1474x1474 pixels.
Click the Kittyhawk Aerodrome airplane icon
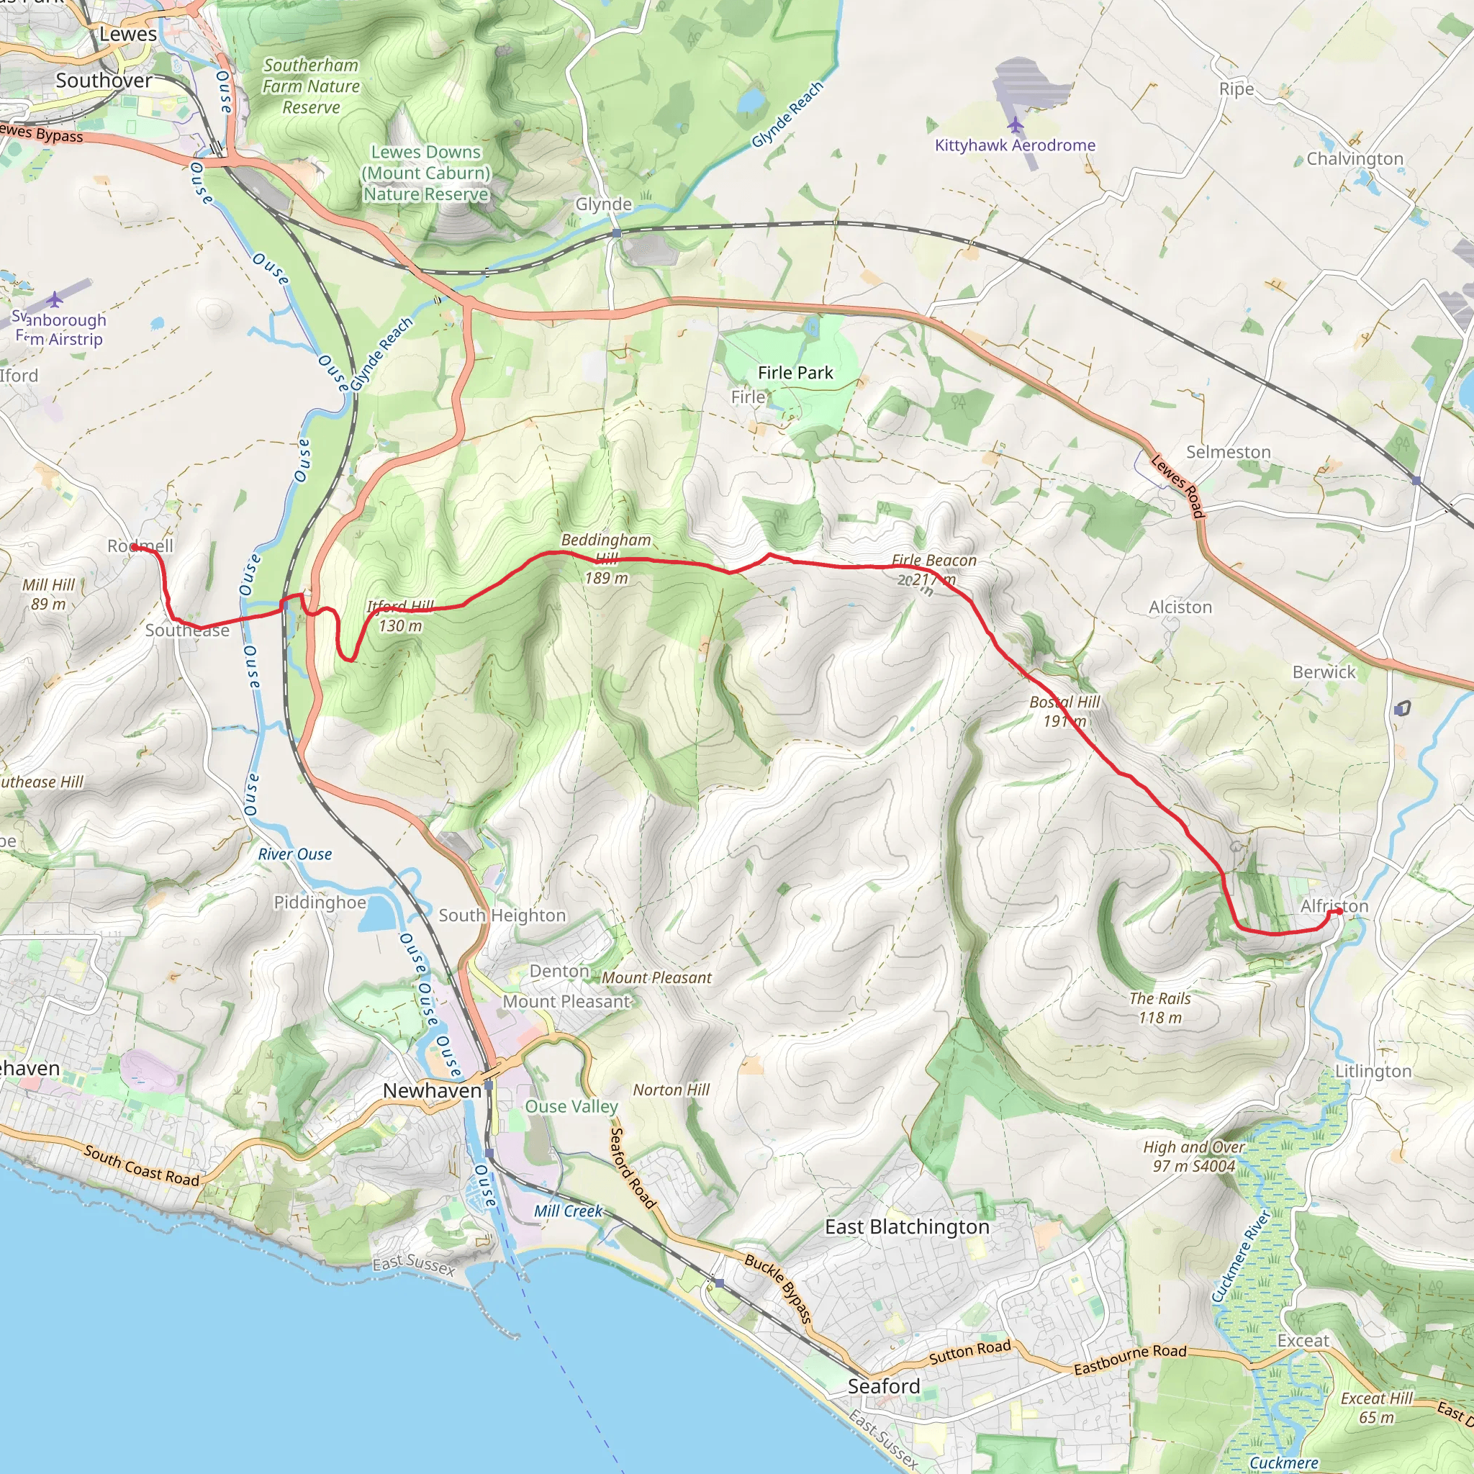[x=1015, y=125]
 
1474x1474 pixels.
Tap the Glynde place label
[x=603, y=204]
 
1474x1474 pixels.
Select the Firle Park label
[x=795, y=373]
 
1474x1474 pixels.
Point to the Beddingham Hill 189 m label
[x=607, y=559]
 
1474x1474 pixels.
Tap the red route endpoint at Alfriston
[x=1339, y=911]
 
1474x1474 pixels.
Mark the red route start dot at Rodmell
[x=135, y=547]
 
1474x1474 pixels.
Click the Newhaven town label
[x=432, y=1091]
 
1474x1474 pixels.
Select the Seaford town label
[x=884, y=1386]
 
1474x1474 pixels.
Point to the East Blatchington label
[x=907, y=1227]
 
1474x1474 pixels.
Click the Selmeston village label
[x=1229, y=453]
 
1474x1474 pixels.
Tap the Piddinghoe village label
[x=320, y=903]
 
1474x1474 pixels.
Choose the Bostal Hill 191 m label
[x=1065, y=711]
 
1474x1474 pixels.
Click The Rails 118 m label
[x=1159, y=1008]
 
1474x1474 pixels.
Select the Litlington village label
[x=1373, y=1071]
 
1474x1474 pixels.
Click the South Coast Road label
[x=142, y=1165]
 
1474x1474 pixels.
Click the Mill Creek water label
[x=568, y=1211]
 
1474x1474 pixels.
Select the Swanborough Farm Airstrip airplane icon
[x=54, y=299]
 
